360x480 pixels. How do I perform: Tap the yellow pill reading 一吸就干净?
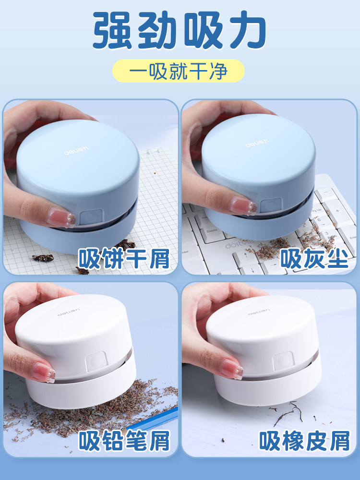tap(179, 71)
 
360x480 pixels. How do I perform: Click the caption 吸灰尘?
tap(314, 260)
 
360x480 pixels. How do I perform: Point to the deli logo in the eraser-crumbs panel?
tap(258, 314)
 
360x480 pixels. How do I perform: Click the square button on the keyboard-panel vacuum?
tap(269, 205)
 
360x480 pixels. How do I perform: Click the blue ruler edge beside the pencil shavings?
tap(163, 416)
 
